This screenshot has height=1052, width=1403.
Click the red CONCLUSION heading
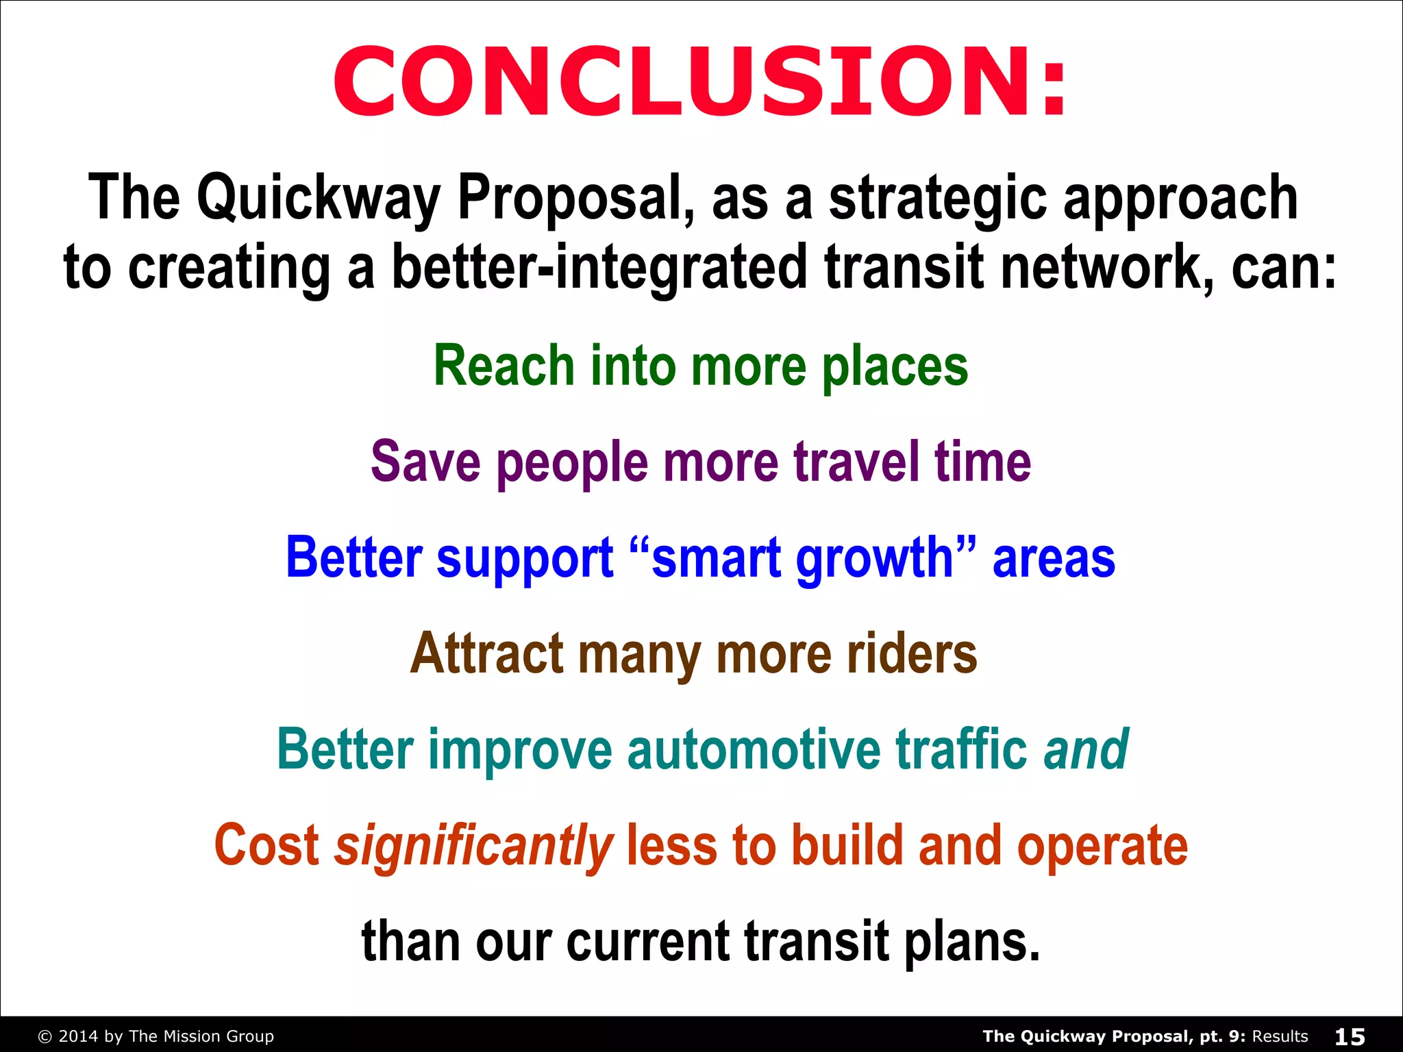tap(700, 82)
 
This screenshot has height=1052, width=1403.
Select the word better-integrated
tap(599, 267)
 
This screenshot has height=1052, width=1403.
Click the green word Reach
tap(504, 366)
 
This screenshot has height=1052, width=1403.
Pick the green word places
tap(895, 367)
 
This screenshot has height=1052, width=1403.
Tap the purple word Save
tap(425, 462)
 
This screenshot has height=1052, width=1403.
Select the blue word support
tap(525, 559)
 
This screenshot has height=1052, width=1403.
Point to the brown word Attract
tap(487, 653)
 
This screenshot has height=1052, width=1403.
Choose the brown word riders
tap(912, 653)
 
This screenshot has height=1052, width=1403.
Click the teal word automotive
tap(754, 749)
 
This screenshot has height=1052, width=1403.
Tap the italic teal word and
tap(1087, 749)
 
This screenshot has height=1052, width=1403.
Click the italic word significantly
tap(473, 847)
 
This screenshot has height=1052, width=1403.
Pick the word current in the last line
tap(648, 942)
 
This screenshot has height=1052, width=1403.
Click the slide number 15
tap(1350, 1036)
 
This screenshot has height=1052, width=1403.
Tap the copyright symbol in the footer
tap(45, 1037)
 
